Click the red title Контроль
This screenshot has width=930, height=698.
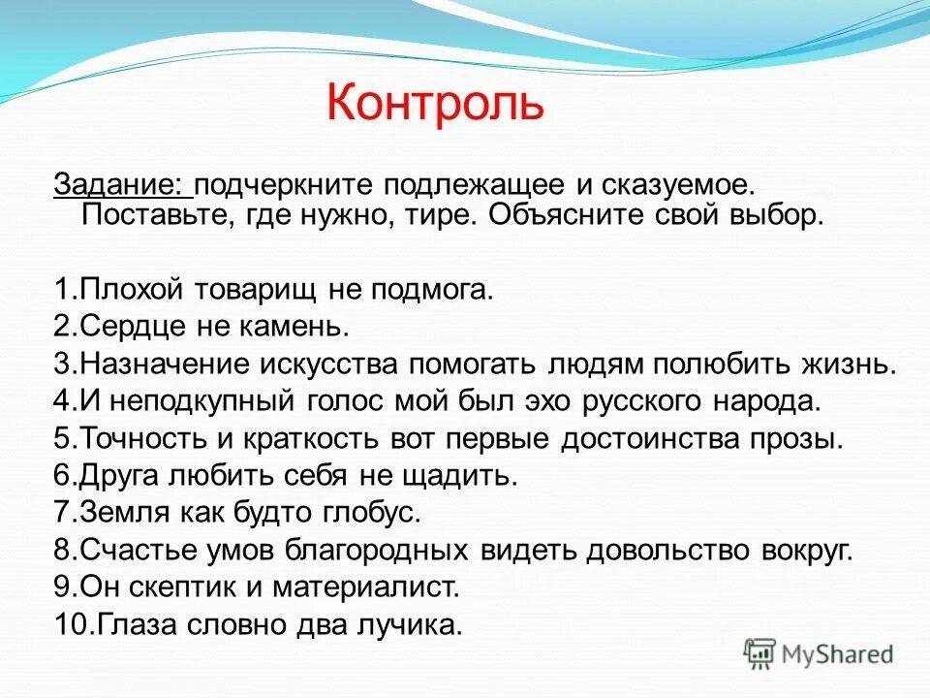[435, 104]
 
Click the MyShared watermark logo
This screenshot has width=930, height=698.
[819, 652]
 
